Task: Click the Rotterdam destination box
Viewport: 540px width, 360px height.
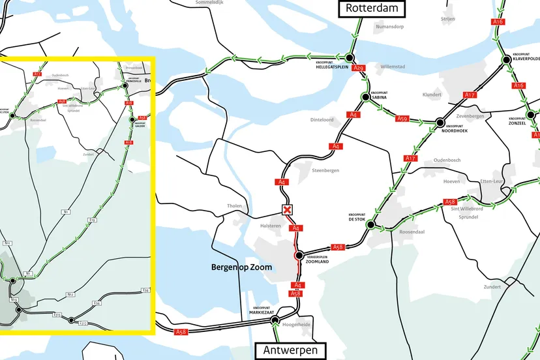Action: click(x=371, y=8)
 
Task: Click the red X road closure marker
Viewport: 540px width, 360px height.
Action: click(x=286, y=209)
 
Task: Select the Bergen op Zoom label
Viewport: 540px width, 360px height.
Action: click(x=241, y=267)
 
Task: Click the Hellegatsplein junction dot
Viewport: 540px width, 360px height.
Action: click(x=350, y=57)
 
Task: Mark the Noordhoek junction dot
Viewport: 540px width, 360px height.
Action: click(x=440, y=122)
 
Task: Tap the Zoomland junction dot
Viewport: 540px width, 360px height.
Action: click(x=299, y=255)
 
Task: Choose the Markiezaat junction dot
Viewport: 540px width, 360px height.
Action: click(x=275, y=320)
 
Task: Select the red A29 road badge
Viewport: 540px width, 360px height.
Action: click(x=357, y=68)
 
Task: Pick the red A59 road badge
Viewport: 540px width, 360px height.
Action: click(x=402, y=119)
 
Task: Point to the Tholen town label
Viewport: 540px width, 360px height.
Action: click(x=234, y=206)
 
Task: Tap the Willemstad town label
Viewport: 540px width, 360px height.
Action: click(x=393, y=67)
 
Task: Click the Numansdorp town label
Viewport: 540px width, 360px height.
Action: click(x=391, y=27)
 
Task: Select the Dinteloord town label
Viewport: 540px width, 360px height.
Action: click(x=322, y=119)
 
